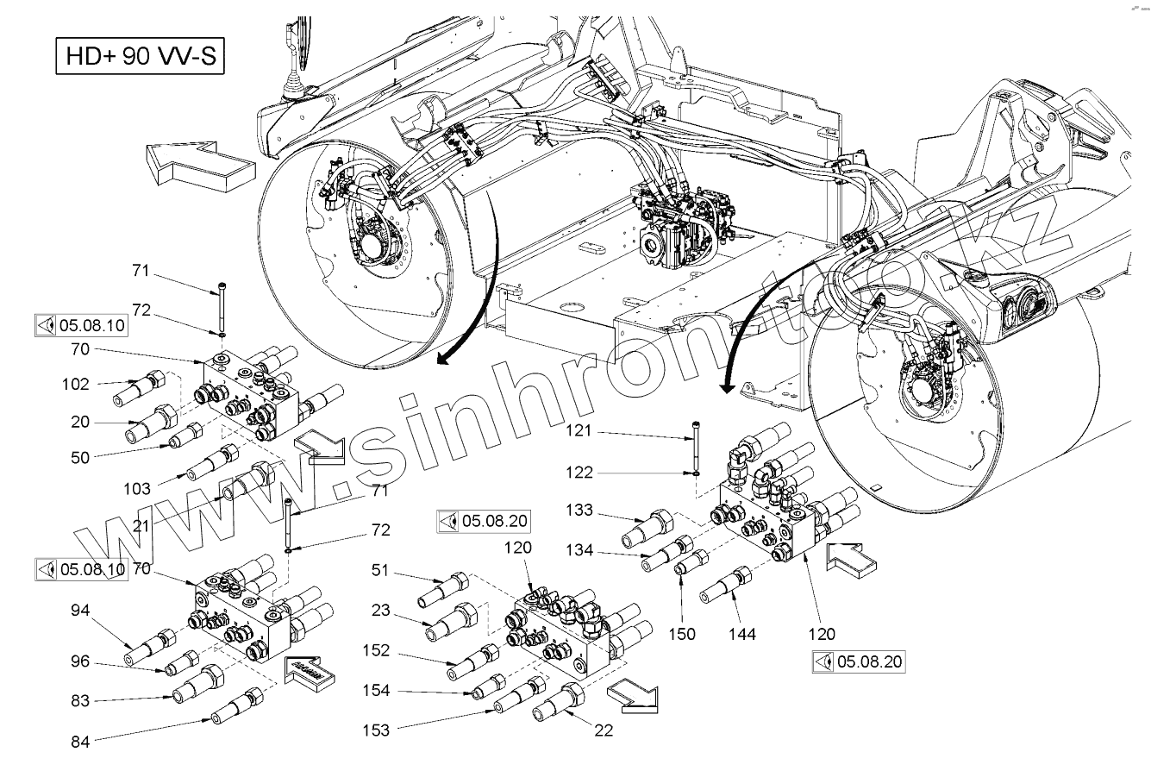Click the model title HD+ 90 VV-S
[x=141, y=57]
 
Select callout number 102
[x=75, y=385]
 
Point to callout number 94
[x=80, y=611]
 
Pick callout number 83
[x=80, y=701]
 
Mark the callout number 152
[x=376, y=650]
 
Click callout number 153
[x=376, y=730]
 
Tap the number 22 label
[x=603, y=730]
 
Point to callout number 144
[x=741, y=634]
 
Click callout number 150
[x=681, y=634]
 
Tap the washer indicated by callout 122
[x=694, y=472]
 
